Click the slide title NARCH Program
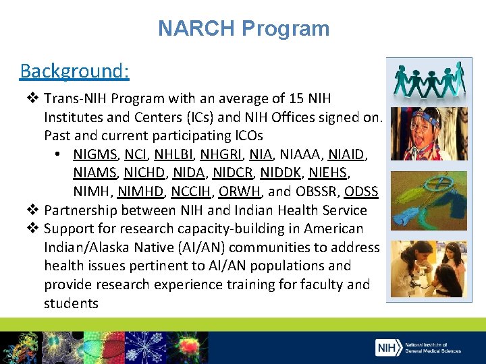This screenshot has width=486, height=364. coord(243,28)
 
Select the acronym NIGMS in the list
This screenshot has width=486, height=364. coord(94,154)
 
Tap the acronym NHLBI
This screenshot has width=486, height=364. coord(172,154)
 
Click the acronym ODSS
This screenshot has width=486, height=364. coord(361,191)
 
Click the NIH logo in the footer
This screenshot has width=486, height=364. coord(386,347)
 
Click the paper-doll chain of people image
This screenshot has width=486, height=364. coord(429,80)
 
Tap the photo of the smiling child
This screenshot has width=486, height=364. coord(429,133)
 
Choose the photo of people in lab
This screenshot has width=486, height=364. coord(429,270)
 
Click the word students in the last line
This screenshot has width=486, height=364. coord(71,303)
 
